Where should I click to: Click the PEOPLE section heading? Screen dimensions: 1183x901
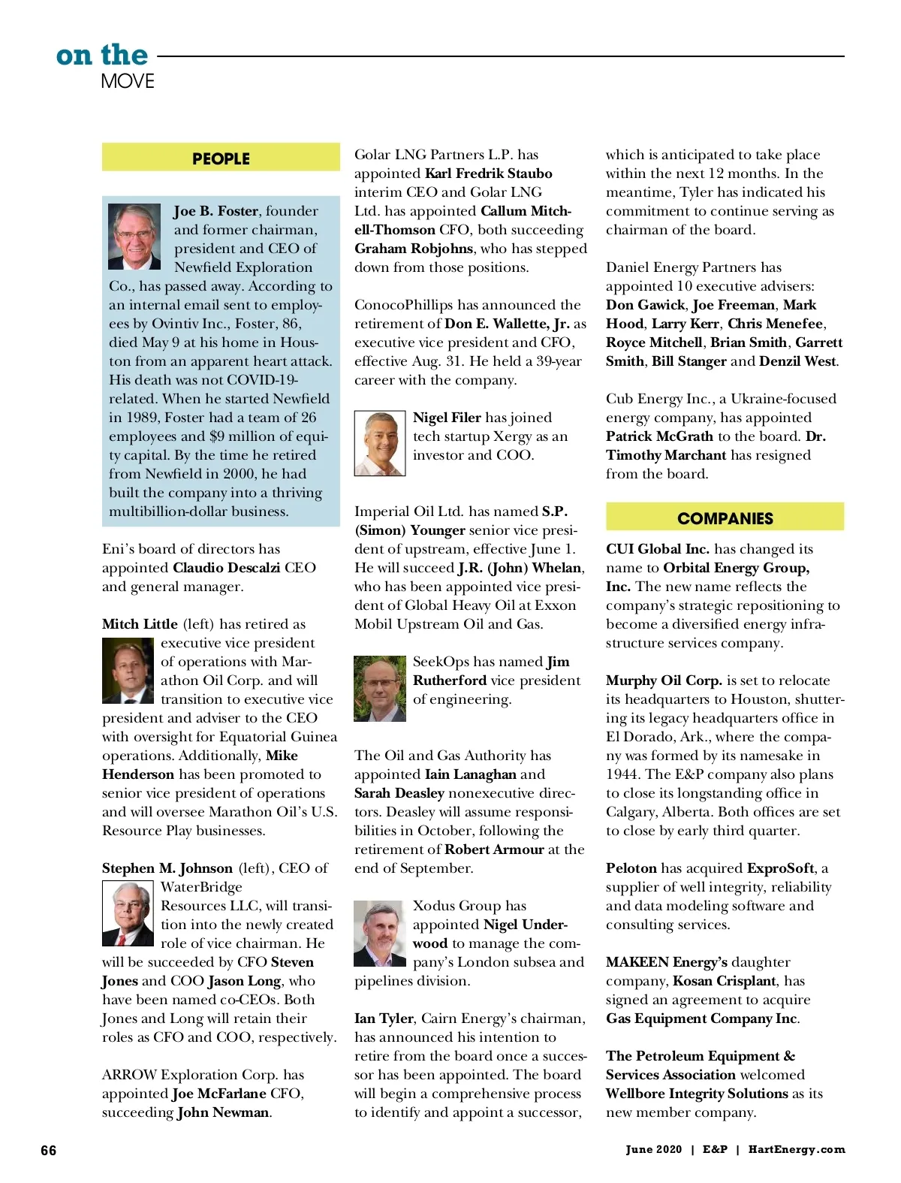(x=221, y=158)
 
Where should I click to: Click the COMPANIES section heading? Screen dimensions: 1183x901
(x=725, y=518)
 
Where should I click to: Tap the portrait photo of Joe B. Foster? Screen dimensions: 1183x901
(x=134, y=237)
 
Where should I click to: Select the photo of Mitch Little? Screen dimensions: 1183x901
(x=128, y=671)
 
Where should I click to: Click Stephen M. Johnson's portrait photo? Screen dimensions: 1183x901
(x=128, y=913)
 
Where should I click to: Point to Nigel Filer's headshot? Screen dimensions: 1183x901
(x=380, y=443)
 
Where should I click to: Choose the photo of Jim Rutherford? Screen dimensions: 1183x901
(x=380, y=689)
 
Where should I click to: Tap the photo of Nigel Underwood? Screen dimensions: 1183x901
(x=380, y=934)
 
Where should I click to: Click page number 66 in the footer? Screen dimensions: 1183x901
(x=49, y=1151)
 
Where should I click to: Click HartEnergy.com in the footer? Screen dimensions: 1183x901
(x=797, y=1149)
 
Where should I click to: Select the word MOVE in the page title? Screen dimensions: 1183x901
(x=128, y=81)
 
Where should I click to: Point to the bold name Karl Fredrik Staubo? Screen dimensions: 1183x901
(x=489, y=174)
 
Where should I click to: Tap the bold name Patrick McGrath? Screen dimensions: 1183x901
(x=659, y=436)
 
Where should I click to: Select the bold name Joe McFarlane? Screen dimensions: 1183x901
(x=219, y=1094)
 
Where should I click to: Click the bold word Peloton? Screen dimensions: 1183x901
(x=631, y=868)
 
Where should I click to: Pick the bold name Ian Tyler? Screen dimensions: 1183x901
(x=384, y=1019)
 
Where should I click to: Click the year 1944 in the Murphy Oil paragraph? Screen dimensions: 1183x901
(x=622, y=774)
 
